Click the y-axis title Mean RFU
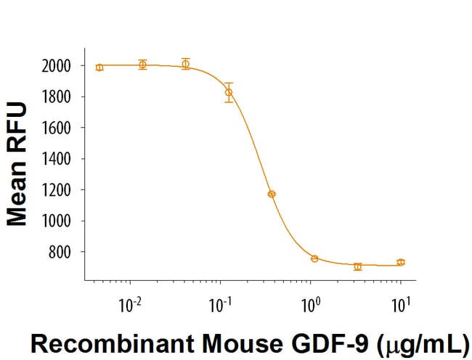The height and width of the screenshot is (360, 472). point(17,164)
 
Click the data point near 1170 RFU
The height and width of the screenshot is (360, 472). point(272,194)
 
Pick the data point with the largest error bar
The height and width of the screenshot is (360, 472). point(229,92)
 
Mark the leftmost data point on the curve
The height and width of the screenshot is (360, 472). point(99,67)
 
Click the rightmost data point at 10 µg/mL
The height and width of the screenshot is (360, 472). point(401,262)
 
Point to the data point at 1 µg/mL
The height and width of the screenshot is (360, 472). point(314,258)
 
